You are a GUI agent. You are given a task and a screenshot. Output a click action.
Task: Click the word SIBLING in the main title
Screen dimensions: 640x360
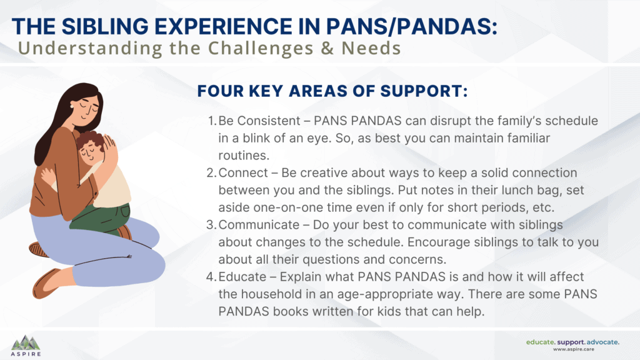click(105, 26)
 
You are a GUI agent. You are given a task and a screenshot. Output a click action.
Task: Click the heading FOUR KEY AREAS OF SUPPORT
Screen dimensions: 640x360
click(332, 91)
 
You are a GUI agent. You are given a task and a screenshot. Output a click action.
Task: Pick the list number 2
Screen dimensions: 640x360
click(211, 172)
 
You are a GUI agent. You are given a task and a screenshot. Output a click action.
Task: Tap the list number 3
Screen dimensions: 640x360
click(211, 224)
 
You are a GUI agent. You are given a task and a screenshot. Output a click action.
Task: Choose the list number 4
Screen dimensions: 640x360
click(211, 277)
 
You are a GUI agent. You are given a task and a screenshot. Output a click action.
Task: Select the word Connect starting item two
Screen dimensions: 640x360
click(243, 172)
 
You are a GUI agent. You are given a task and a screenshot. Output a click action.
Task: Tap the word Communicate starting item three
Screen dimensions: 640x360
click(259, 224)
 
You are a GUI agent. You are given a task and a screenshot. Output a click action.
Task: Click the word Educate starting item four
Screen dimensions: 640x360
click(242, 277)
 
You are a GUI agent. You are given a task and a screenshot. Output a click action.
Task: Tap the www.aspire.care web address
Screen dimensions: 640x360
click(574, 349)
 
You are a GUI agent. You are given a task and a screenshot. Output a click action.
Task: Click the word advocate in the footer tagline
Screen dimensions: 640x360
click(602, 342)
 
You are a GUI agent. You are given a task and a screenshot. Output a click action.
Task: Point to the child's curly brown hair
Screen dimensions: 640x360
click(90, 141)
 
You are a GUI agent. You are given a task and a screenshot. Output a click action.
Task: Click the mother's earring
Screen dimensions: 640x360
click(72, 106)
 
